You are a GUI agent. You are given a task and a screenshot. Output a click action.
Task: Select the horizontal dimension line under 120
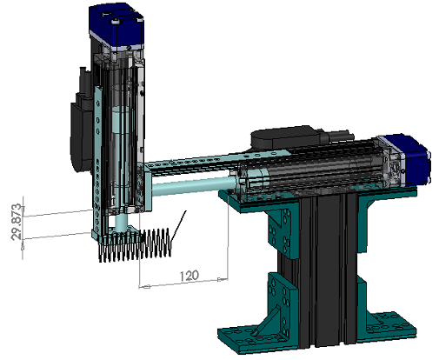tap(183, 284)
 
